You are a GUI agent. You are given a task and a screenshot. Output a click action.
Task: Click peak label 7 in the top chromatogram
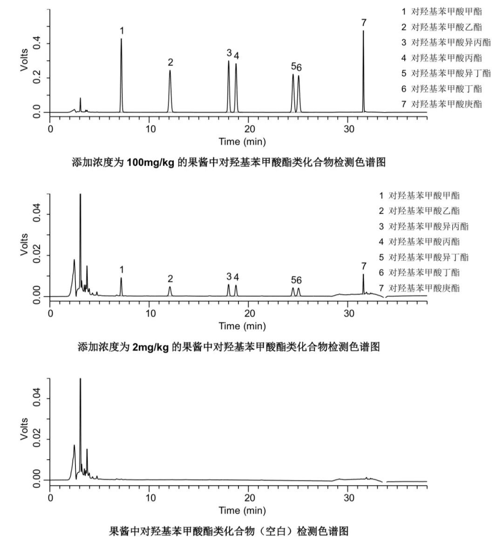click(x=364, y=22)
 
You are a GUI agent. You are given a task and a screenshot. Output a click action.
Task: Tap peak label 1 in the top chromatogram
click(x=122, y=31)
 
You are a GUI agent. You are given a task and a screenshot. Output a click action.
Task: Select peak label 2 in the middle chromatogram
click(x=170, y=279)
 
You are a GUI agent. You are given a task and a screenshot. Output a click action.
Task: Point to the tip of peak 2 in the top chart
click(x=170, y=71)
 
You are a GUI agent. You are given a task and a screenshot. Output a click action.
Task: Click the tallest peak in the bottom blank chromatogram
click(x=80, y=379)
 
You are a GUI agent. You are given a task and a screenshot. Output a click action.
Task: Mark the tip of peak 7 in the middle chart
click(x=363, y=274)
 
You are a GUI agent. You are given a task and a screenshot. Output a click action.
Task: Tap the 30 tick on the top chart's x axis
click(x=349, y=129)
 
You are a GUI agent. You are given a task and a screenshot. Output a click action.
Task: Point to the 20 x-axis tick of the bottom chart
click(x=249, y=497)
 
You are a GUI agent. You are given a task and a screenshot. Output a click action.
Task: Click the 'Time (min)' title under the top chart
click(x=242, y=141)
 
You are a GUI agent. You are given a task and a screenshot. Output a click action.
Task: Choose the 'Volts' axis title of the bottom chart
click(x=24, y=429)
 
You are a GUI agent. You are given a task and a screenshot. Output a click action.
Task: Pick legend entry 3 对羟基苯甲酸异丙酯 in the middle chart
click(x=423, y=226)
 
